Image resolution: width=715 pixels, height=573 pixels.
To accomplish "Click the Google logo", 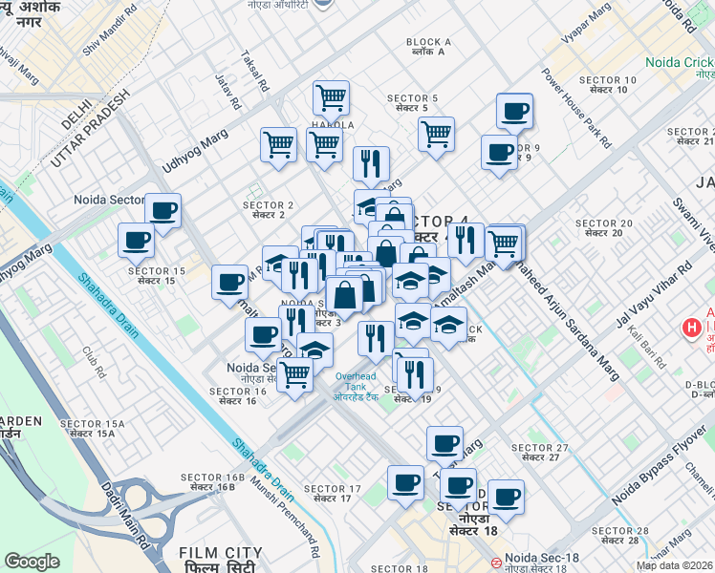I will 32,562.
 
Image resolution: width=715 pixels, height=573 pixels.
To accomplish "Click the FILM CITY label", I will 221,552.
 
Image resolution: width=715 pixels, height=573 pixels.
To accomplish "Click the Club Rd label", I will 93,359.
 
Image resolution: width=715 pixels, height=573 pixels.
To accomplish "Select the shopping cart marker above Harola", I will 331,96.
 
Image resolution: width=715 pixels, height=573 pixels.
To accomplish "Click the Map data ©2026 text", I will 674,565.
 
